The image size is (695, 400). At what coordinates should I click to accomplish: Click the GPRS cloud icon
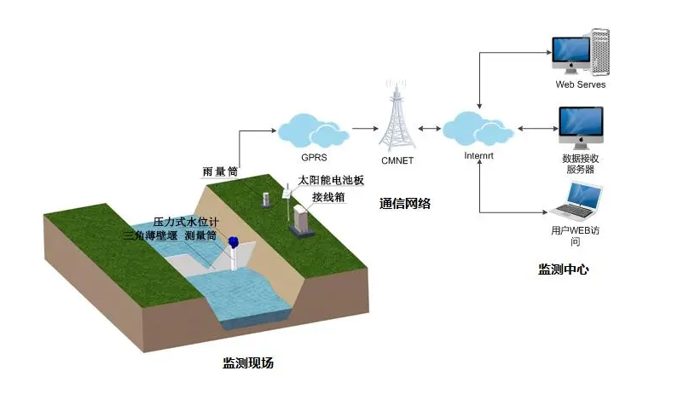pyautogui.click(x=313, y=130)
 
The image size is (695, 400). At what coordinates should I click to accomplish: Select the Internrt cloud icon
pyautogui.click(x=478, y=129)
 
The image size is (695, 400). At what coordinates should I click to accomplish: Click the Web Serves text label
pyautogui.click(x=580, y=84)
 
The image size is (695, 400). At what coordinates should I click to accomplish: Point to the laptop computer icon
pyautogui.click(x=576, y=201)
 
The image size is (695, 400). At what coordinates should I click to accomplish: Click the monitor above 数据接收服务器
pyautogui.click(x=581, y=128)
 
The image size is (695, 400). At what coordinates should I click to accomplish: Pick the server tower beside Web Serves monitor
pyautogui.click(x=600, y=52)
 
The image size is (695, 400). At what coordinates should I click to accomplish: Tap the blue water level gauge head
pyautogui.click(x=233, y=241)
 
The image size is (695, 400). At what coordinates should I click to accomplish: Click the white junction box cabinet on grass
pyautogui.click(x=301, y=220)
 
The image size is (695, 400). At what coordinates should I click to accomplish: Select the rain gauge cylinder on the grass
pyautogui.click(x=266, y=200)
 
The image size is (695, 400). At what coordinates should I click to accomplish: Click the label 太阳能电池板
pyautogui.click(x=331, y=180)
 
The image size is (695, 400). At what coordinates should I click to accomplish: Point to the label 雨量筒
pyautogui.click(x=220, y=171)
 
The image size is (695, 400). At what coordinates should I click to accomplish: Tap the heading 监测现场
pyautogui.click(x=248, y=362)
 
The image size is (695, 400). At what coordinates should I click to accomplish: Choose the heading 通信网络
pyautogui.click(x=405, y=203)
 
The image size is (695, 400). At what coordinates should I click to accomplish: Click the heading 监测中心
pyautogui.click(x=564, y=269)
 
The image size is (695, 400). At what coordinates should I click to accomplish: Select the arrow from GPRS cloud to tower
pyautogui.click(x=365, y=129)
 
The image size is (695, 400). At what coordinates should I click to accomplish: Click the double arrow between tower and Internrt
pyautogui.click(x=429, y=129)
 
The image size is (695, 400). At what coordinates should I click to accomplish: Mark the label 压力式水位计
pyautogui.click(x=186, y=222)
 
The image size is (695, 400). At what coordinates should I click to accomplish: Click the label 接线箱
pyautogui.click(x=328, y=197)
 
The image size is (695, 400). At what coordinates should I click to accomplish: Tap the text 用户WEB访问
pyautogui.click(x=576, y=236)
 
